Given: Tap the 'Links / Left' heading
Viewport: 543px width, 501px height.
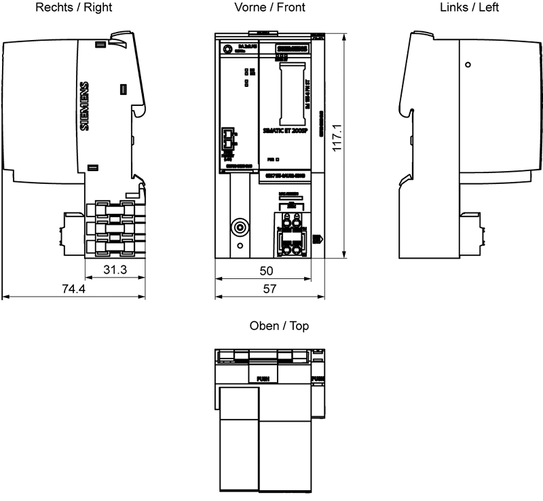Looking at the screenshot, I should (469, 7).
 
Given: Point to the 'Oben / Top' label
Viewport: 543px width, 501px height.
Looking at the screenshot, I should (279, 327).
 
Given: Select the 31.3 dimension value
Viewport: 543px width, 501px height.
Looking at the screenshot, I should (115, 270).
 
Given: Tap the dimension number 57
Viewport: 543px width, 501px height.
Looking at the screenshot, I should (269, 289).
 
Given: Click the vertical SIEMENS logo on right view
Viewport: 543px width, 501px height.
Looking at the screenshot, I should (84, 106).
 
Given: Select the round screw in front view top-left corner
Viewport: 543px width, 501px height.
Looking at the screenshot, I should (227, 48).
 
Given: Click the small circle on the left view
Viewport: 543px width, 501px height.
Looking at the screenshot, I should (468, 64).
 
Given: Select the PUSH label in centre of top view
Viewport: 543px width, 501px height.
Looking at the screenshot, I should (263, 378).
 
